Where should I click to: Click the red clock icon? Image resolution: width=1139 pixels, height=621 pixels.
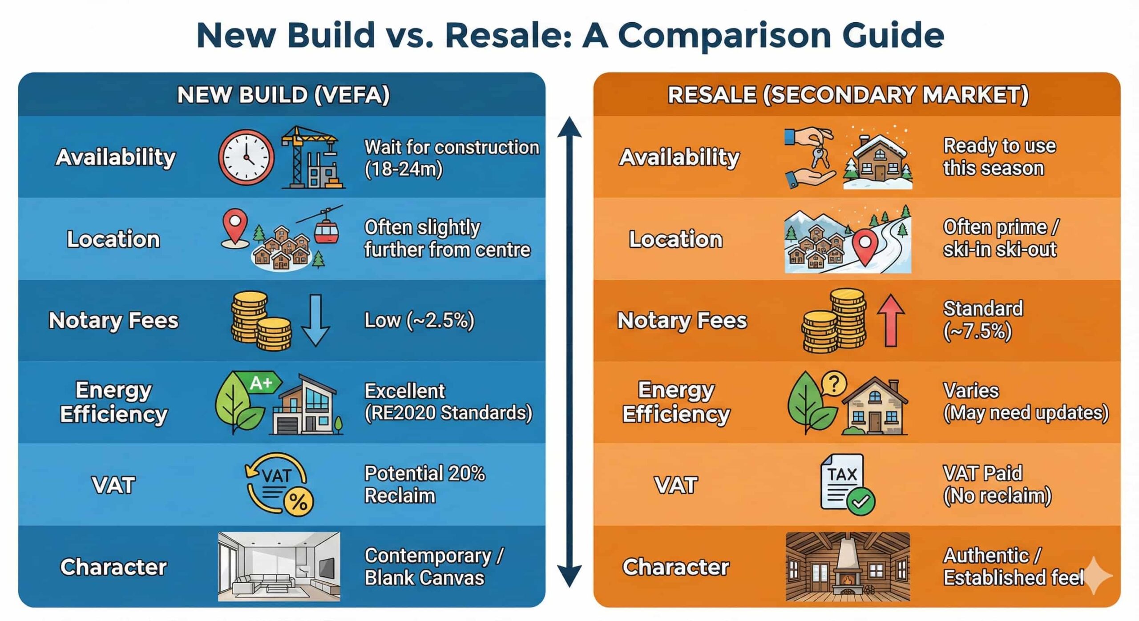pyautogui.click(x=246, y=157)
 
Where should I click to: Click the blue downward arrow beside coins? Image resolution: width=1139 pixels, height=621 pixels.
pyautogui.click(x=315, y=320)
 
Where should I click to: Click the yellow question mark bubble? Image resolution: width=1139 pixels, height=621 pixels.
pyautogui.click(x=834, y=383)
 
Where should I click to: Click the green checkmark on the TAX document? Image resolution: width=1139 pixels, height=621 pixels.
pyautogui.click(x=861, y=502)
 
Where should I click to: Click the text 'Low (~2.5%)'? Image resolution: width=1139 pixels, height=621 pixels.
pyautogui.click(x=419, y=320)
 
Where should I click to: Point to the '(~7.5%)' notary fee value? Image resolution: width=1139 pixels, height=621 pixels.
pyautogui.click(x=977, y=331)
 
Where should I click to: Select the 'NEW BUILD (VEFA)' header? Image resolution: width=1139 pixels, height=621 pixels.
pyautogui.click(x=283, y=95)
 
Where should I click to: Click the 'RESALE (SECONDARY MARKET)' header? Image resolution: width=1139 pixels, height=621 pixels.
pyautogui.click(x=848, y=95)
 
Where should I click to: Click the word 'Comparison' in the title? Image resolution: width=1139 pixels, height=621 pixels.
pyautogui.click(x=724, y=35)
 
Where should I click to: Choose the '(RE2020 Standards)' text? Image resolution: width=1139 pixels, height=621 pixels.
pyautogui.click(x=448, y=413)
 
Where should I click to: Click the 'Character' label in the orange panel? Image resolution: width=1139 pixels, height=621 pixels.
pyautogui.click(x=676, y=567)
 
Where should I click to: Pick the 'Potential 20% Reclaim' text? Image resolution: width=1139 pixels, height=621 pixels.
pyautogui.click(x=424, y=484)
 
